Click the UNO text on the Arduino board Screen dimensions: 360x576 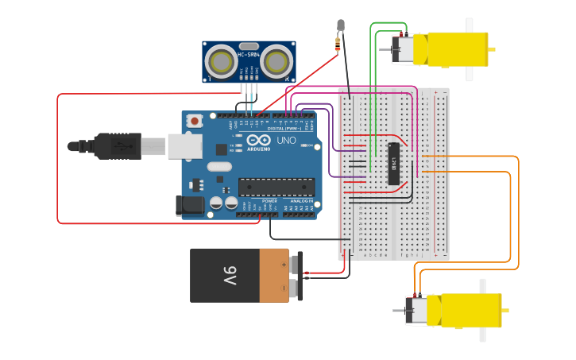285,141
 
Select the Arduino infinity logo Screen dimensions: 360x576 256,141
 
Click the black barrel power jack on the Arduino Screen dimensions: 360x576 190,206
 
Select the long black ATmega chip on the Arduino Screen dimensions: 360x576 276,187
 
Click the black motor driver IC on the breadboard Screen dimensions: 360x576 393,165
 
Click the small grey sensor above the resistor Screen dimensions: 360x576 341,25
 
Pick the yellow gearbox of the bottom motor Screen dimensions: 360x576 470,310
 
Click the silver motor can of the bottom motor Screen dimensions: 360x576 416,310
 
